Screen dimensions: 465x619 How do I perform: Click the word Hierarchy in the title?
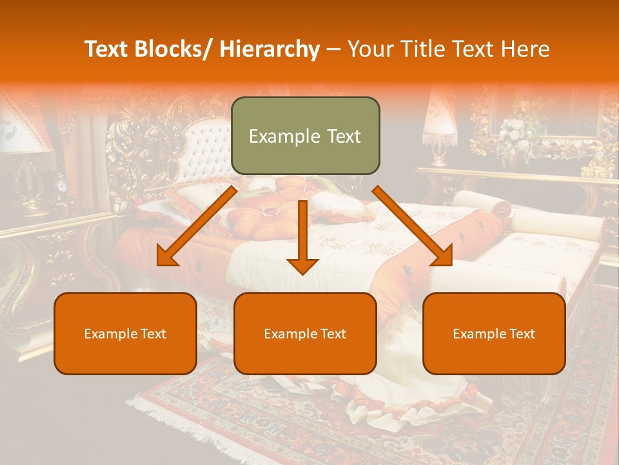(x=270, y=49)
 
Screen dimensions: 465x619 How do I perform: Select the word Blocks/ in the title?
(x=173, y=49)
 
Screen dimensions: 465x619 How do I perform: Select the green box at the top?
(x=305, y=136)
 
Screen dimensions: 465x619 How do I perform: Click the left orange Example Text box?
(x=125, y=333)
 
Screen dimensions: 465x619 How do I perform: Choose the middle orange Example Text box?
(x=305, y=333)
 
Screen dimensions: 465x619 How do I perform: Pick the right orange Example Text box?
(x=494, y=333)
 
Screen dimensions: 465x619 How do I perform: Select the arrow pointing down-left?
(x=197, y=226)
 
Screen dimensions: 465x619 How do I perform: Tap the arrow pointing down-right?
(x=413, y=226)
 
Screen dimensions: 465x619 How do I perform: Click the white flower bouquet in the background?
(x=515, y=132)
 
